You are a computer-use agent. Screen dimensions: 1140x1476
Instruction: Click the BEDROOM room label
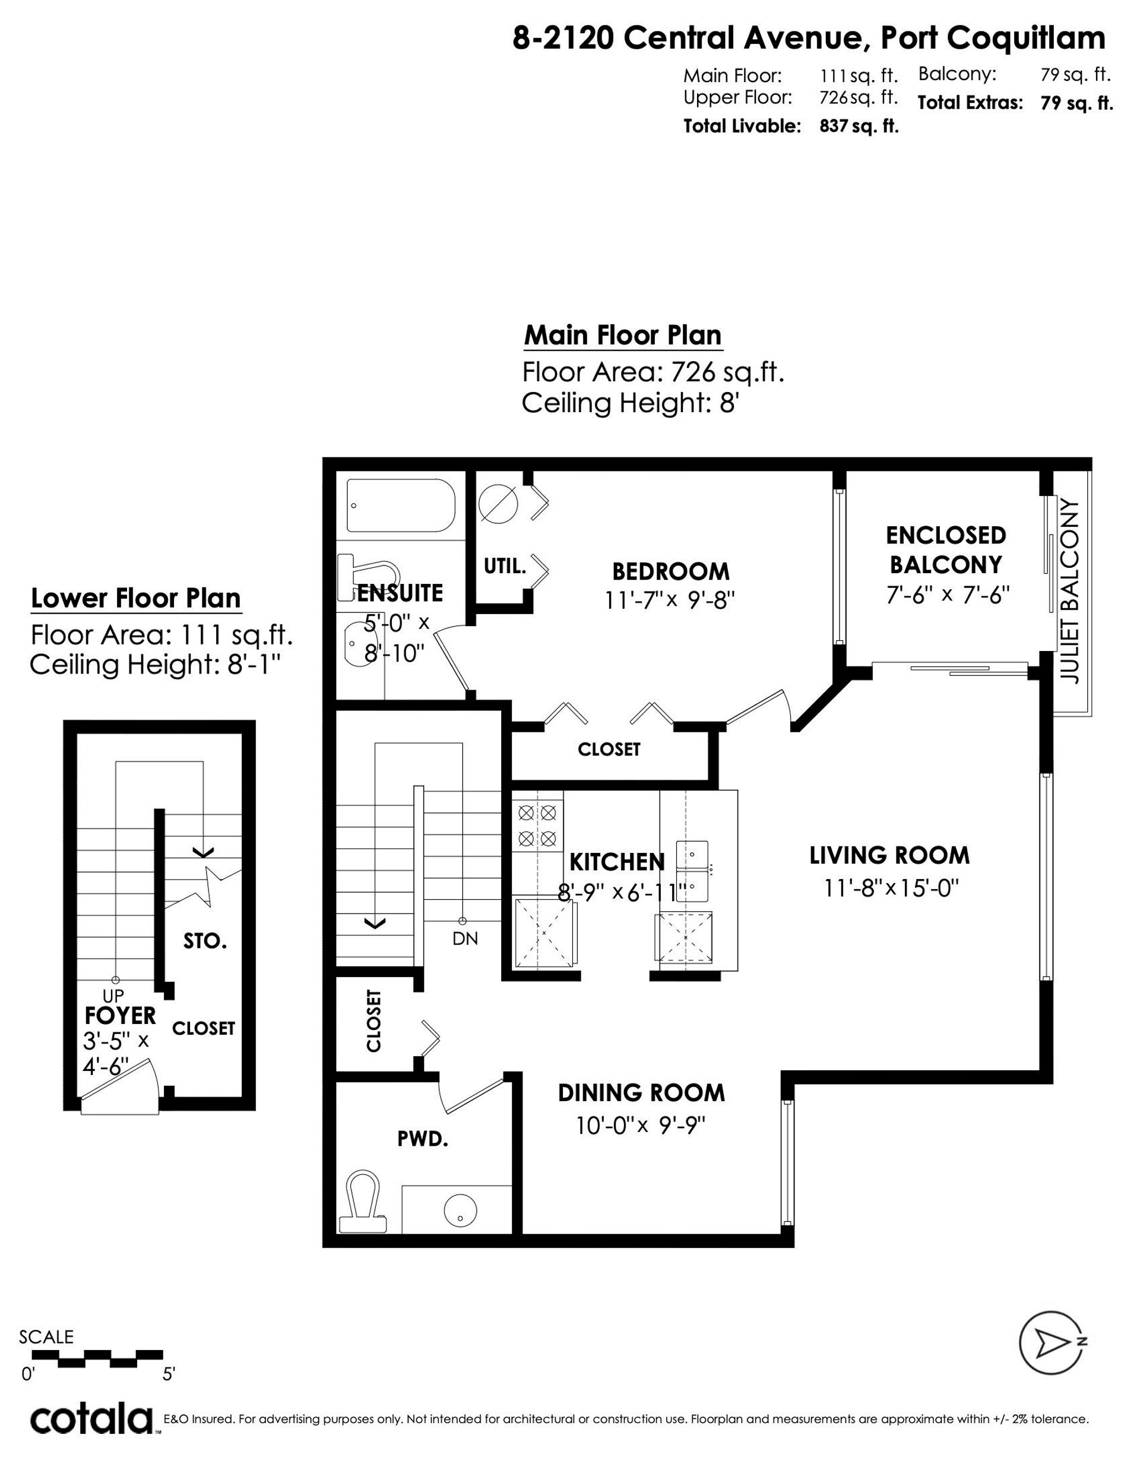click(670, 572)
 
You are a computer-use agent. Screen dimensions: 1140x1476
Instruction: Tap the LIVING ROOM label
click(889, 855)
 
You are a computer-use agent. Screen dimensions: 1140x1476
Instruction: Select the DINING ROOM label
click(641, 1093)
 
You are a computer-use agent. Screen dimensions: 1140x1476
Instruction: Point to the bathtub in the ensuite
click(401, 506)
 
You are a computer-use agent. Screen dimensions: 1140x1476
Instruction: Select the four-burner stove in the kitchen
click(538, 824)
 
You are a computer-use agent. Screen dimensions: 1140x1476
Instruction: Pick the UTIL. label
click(505, 565)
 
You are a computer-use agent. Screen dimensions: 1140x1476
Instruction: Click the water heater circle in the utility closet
click(498, 504)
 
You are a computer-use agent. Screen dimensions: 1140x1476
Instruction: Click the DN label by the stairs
click(465, 938)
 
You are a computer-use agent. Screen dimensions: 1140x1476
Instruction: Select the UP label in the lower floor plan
click(113, 995)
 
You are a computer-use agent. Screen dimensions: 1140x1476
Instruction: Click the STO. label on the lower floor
click(205, 941)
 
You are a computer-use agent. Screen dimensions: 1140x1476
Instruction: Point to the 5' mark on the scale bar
click(168, 1374)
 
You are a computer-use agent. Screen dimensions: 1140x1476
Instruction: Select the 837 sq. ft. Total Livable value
click(859, 127)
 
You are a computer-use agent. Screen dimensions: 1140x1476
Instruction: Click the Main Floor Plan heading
click(623, 335)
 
